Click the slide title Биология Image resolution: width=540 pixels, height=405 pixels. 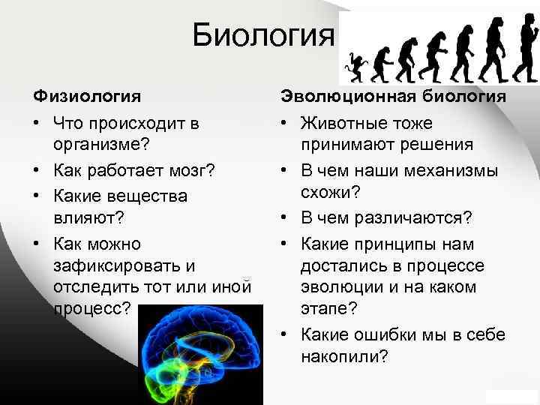coord(262,35)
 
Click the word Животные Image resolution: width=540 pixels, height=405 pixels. coord(339,122)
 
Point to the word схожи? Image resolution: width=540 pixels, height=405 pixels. coord(331,194)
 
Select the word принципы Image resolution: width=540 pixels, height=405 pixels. coord(408,244)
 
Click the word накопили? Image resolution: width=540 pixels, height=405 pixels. coord(343,357)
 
